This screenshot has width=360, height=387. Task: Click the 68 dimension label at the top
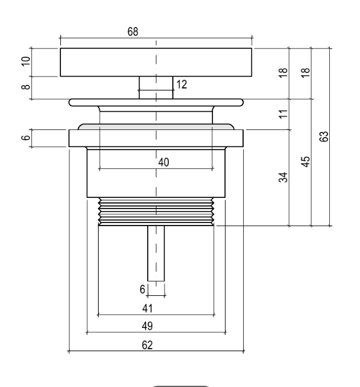point(133,31)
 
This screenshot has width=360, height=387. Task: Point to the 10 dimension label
point(26,61)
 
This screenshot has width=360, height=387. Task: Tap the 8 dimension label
point(26,87)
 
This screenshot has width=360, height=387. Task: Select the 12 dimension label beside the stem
point(182,84)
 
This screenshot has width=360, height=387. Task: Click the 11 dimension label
point(283,114)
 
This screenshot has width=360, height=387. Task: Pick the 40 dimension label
point(163,162)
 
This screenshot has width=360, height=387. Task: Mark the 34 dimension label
point(283,177)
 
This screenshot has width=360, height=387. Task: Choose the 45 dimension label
point(305,161)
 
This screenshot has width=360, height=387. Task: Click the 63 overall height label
point(324,136)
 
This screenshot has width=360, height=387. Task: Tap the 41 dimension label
point(148,308)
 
